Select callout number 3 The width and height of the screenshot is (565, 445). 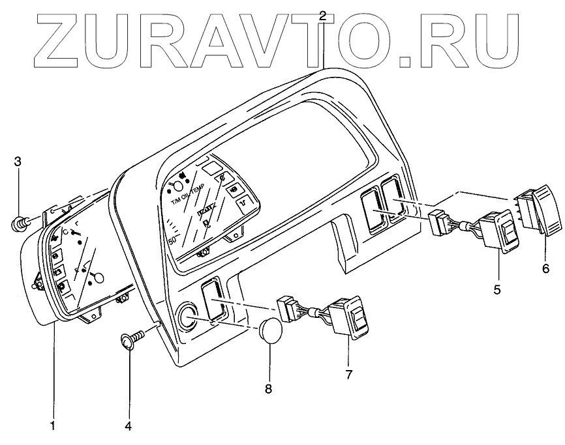point(18,161)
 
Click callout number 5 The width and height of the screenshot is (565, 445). point(496,289)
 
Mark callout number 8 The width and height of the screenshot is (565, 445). point(268,389)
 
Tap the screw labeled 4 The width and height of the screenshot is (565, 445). point(130,340)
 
